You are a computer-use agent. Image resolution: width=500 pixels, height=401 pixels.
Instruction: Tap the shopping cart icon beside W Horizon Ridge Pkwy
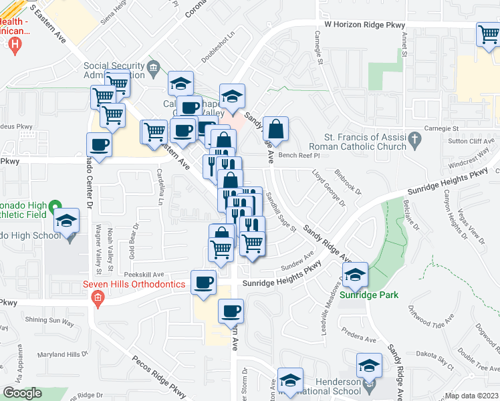(x=489, y=34)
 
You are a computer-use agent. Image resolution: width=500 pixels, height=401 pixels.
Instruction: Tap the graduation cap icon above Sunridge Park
(x=356, y=273)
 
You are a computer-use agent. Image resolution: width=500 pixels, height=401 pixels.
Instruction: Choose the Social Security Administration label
(x=114, y=70)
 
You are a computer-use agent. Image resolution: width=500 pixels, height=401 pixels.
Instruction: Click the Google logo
(x=22, y=393)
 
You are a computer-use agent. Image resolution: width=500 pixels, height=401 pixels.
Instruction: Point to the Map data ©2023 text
(x=472, y=396)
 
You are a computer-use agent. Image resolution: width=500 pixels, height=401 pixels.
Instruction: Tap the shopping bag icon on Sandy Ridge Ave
(x=275, y=128)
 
